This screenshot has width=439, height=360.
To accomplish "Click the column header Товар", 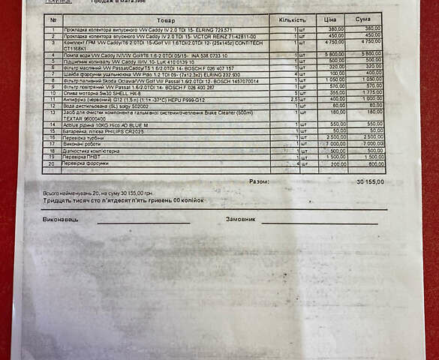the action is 166,19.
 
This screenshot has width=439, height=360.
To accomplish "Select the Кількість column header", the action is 292,19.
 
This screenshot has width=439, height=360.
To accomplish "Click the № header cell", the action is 53,19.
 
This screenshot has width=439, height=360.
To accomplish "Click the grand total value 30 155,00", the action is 370,181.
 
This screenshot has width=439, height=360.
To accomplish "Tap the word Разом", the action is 259,181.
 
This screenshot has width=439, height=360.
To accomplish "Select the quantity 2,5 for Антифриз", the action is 295,98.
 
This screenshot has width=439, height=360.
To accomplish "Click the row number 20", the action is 53,163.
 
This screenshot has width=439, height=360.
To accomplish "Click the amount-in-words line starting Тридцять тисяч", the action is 123,200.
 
